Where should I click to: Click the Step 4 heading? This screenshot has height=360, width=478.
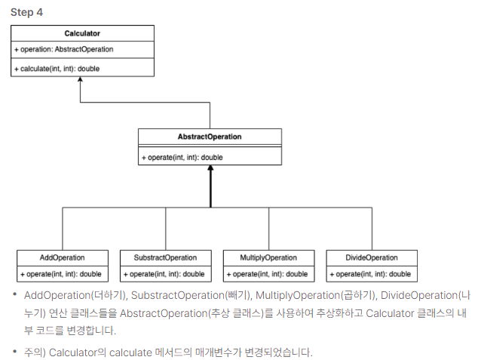[26, 12]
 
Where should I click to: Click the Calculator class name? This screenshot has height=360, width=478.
[82, 33]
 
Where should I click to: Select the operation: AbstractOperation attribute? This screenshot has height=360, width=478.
[63, 49]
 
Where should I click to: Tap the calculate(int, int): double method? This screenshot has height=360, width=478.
[57, 68]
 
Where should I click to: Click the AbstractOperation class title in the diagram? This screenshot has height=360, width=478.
[210, 137]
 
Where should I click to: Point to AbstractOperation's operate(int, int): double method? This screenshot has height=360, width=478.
[182, 157]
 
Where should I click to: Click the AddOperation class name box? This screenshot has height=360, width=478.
[62, 257]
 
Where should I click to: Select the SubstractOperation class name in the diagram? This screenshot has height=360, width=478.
[165, 257]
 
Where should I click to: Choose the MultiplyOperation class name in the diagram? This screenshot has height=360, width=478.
[268, 257]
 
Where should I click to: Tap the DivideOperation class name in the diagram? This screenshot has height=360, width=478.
[372, 257]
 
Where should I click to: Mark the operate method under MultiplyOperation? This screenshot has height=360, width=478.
[268, 274]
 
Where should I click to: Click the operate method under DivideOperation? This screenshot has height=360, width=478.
[371, 274]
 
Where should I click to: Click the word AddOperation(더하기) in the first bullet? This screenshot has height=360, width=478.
[69, 295]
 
